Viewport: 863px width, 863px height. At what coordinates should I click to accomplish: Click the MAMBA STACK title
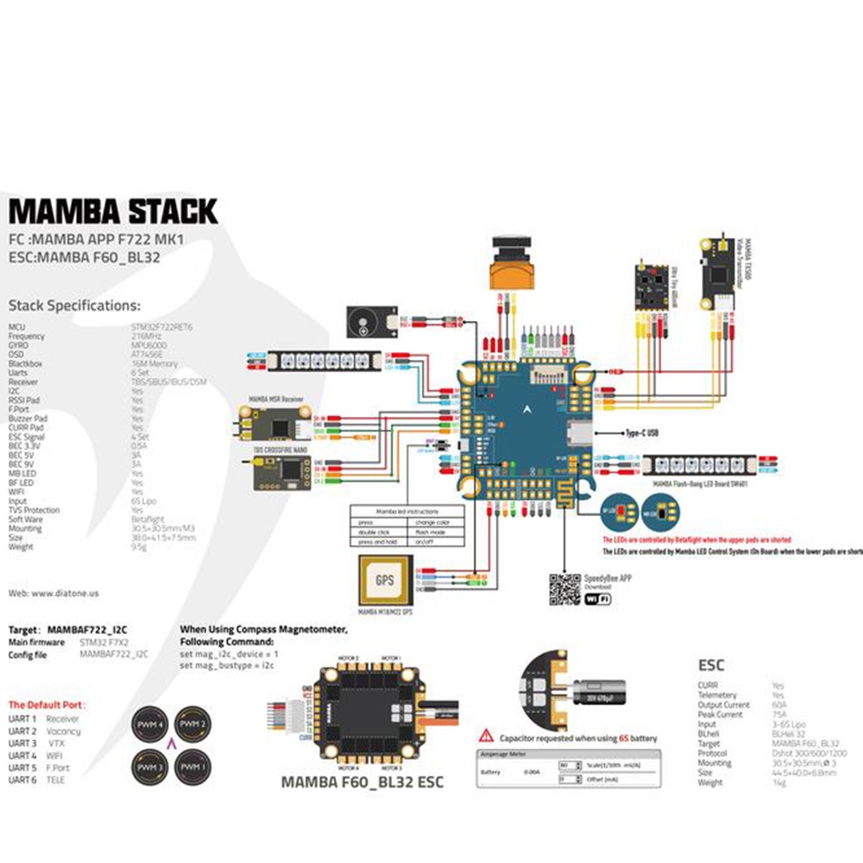113,211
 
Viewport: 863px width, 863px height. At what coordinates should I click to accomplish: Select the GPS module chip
385,581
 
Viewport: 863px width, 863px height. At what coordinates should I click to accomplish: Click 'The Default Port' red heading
47,704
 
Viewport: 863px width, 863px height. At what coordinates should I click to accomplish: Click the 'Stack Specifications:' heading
73,305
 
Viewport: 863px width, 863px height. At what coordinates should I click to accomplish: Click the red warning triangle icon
488,738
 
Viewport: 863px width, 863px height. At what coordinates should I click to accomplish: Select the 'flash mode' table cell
437,532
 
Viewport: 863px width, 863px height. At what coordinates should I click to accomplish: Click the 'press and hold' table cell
378,542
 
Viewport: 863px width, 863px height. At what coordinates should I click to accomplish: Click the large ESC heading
711,665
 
